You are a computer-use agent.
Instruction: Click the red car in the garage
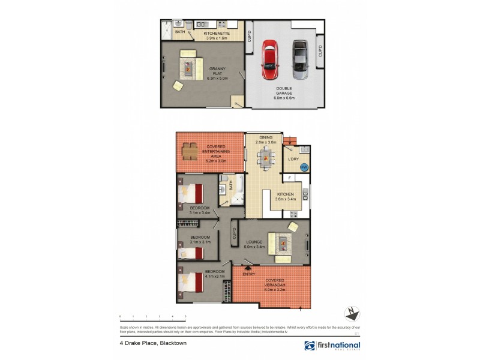271,60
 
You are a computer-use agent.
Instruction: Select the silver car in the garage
300,60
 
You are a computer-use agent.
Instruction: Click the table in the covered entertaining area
189,151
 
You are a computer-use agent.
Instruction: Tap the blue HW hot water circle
304,169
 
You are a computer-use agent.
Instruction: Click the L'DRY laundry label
293,159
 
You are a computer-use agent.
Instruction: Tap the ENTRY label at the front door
249,274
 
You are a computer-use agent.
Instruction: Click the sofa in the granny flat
189,62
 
